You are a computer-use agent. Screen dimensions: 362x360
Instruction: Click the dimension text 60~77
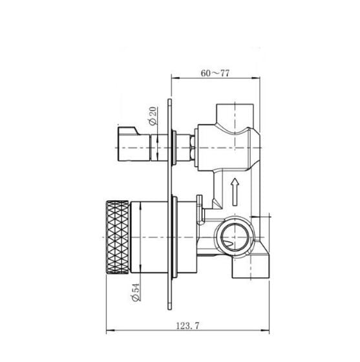[215, 73]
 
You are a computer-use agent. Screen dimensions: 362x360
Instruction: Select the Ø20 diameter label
[153, 117]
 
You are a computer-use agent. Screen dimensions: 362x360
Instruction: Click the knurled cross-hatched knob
[117, 237]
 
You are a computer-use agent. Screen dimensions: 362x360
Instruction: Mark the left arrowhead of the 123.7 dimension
[109, 336]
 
